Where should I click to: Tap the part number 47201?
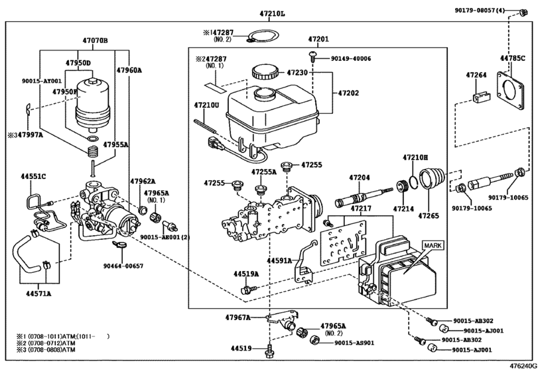318,40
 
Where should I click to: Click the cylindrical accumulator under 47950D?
91,107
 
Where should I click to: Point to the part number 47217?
361,209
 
